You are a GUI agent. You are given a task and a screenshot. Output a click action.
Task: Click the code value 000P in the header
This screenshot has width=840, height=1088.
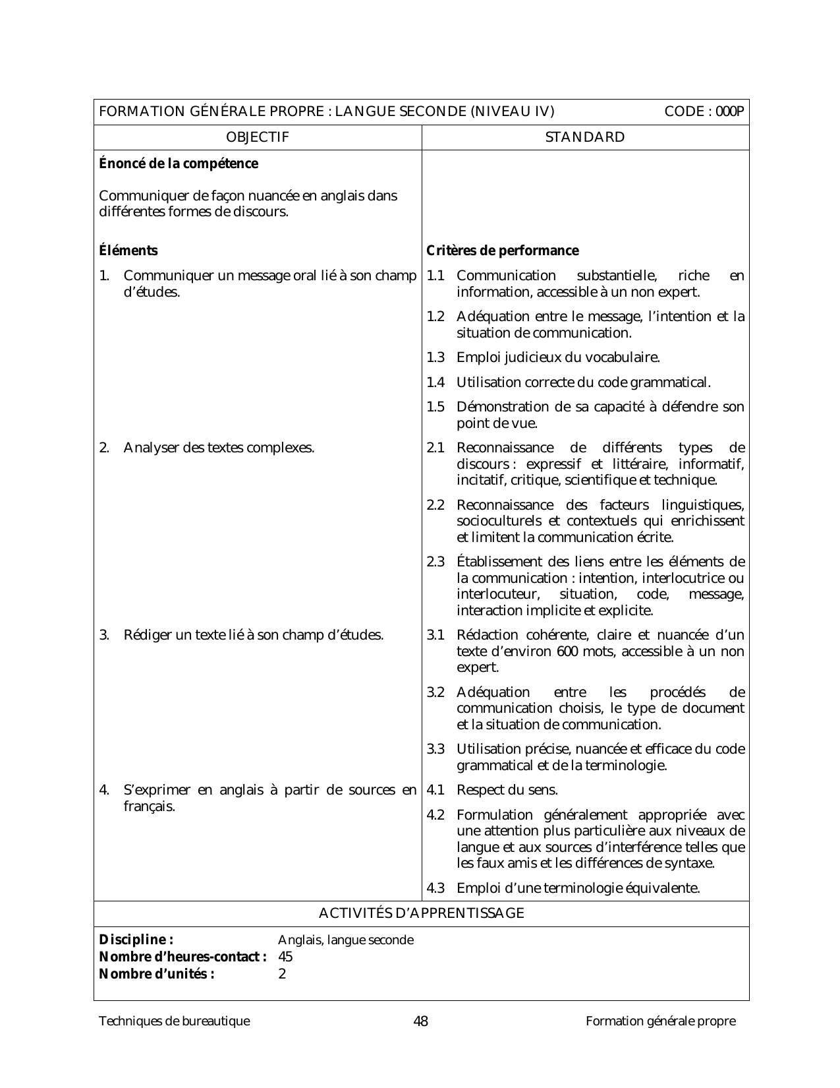[731, 111]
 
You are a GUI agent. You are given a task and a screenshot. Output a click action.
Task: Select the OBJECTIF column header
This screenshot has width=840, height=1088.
[258, 137]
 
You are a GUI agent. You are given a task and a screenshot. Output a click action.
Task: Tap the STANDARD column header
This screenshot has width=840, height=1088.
[585, 137]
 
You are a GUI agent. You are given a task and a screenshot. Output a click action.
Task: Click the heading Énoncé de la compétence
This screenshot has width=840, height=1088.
[179, 164]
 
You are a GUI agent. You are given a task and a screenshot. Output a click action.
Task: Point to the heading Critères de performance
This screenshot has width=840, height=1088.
[503, 251]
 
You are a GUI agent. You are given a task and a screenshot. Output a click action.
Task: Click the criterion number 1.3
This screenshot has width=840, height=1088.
[435, 358]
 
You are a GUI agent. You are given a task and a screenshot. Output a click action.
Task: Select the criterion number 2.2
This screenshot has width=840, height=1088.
[435, 505]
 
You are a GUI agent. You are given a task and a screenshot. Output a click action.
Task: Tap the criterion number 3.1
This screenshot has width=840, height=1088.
[435, 635]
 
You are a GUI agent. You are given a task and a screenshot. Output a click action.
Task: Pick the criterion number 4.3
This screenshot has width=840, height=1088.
[435, 888]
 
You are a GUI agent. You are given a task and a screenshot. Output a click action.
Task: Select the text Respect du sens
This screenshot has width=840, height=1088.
[507, 790]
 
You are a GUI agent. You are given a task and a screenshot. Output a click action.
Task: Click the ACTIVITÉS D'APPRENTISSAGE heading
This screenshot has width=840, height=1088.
[422, 913]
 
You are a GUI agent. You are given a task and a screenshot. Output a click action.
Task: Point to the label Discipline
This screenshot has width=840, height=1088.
[136, 940]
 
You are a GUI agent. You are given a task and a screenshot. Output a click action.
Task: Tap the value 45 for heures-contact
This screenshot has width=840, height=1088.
[285, 957]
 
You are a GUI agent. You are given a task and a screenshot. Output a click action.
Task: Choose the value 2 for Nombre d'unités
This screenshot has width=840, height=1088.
[282, 974]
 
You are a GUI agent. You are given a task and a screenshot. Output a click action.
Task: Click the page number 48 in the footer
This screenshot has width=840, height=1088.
[420, 1021]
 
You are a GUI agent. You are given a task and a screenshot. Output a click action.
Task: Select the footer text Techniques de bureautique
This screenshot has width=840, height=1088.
[175, 1021]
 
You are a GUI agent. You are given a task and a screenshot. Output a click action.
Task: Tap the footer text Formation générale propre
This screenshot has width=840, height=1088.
[660, 1021]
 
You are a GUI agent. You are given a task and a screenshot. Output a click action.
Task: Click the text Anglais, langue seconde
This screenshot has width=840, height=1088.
[346, 940]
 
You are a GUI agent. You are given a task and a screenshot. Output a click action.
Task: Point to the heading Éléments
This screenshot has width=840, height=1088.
[128, 251]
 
